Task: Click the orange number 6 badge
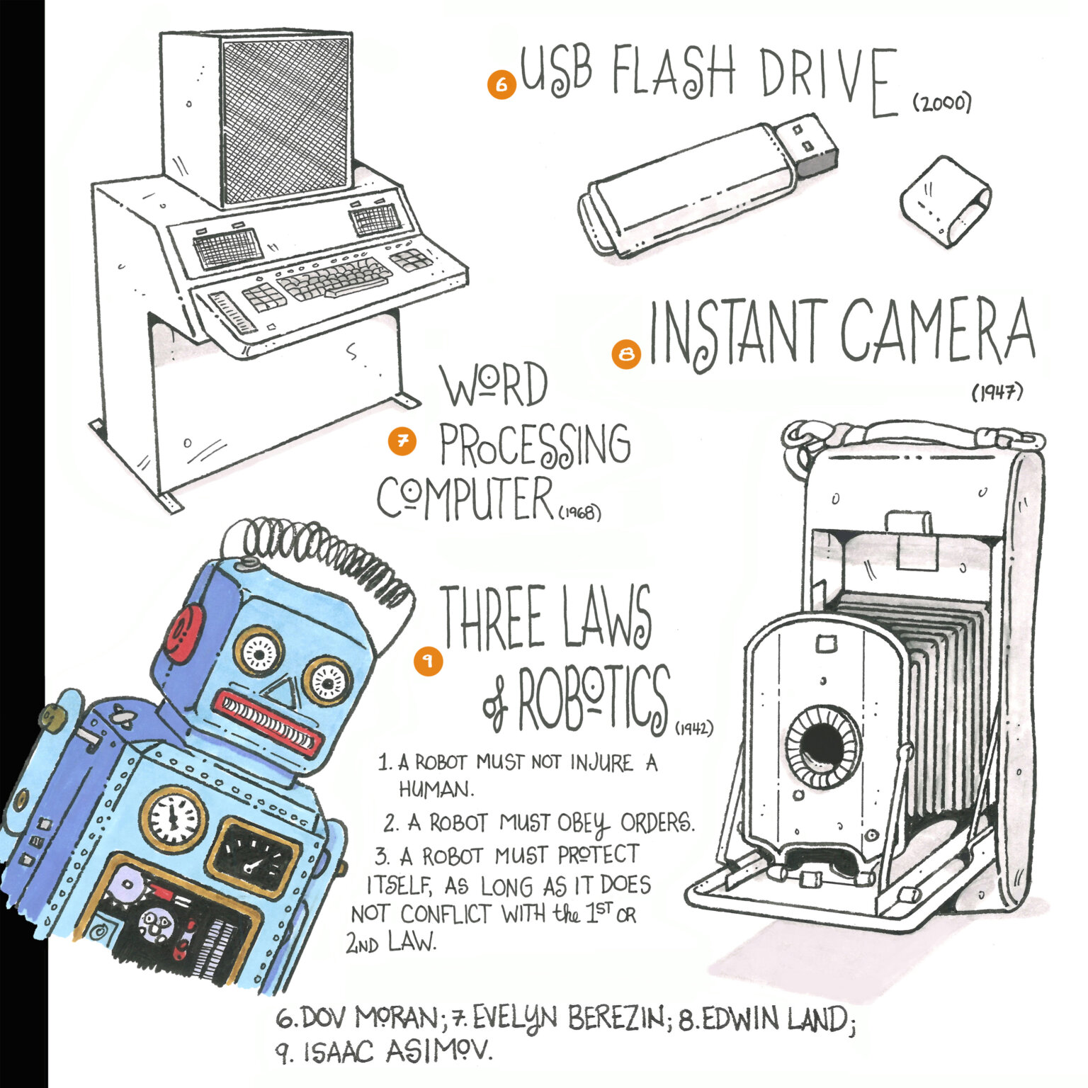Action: point(501,84)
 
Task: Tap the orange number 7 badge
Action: point(402,441)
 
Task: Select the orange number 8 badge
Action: point(626,354)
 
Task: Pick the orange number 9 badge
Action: point(428,661)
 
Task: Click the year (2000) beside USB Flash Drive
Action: point(941,103)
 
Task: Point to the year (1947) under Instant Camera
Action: point(997,392)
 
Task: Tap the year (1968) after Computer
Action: point(579,511)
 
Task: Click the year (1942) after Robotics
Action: point(693,727)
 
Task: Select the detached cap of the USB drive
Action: point(945,202)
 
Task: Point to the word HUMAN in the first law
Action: point(436,788)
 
